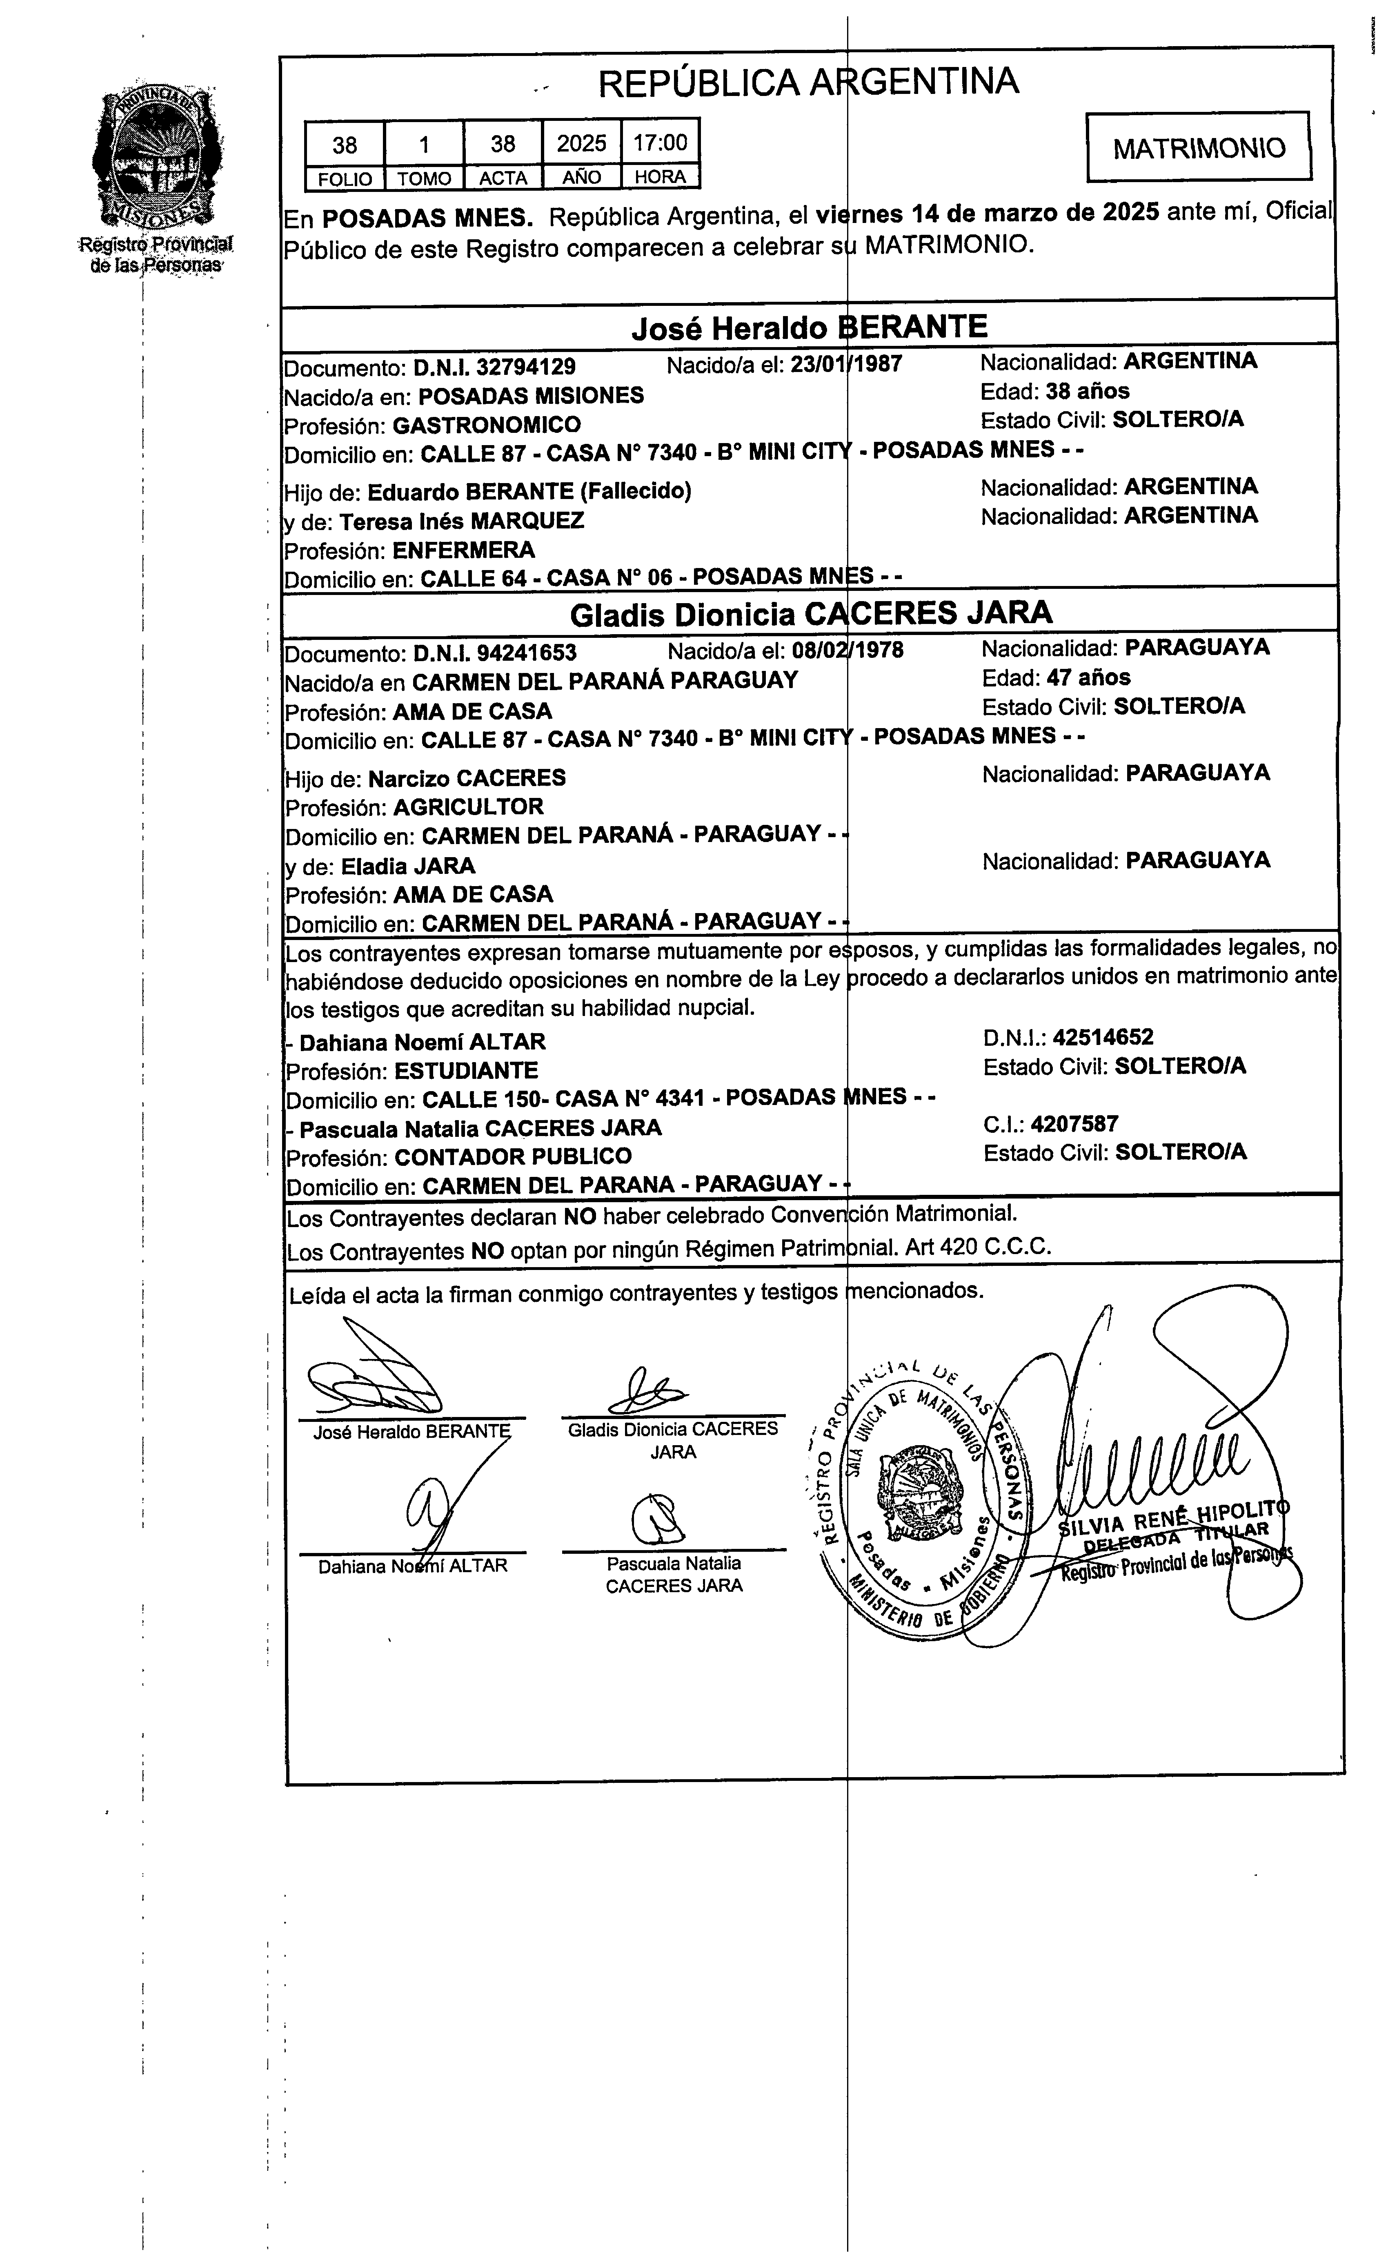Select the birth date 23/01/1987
point(847,365)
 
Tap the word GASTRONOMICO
point(487,425)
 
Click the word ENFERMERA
point(464,550)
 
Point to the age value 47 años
point(1089,677)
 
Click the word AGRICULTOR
point(469,807)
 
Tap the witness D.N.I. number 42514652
point(1103,1037)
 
